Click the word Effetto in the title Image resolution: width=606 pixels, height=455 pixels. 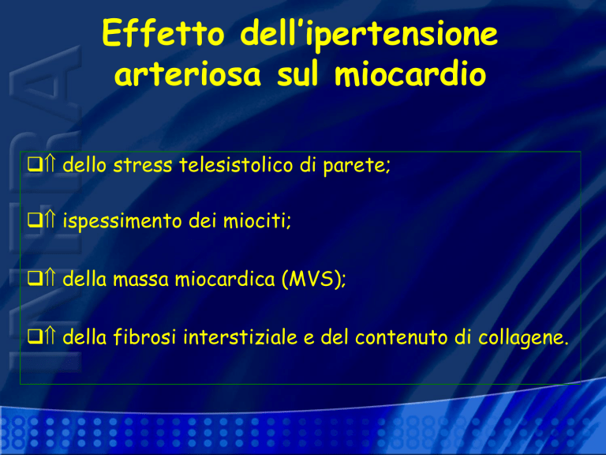[x=163, y=33]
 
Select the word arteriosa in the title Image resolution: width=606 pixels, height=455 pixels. [x=188, y=73]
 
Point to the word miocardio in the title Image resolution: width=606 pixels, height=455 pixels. [x=410, y=73]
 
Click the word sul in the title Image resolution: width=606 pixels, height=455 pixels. [x=297, y=73]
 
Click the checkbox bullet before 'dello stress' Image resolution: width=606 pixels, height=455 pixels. [x=35, y=164]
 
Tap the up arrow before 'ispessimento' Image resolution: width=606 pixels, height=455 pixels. [x=50, y=220]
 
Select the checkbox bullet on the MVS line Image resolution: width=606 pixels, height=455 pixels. [x=35, y=278]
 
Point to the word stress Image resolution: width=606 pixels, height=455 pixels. [x=143, y=165]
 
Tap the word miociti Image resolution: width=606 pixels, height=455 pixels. [x=257, y=221]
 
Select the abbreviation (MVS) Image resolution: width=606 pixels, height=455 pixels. [x=314, y=279]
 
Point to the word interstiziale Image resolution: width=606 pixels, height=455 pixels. [x=241, y=337]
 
